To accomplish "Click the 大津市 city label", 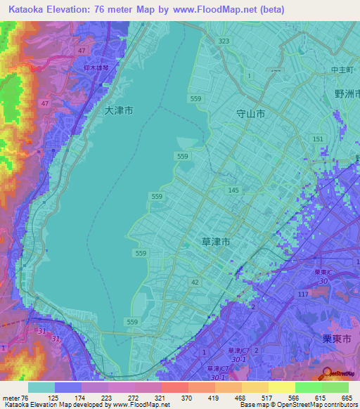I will point(118,110).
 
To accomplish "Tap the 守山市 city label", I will point(250,112).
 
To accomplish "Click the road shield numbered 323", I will point(224,41).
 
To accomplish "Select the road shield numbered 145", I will point(233,190).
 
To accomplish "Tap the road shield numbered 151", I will point(318,139).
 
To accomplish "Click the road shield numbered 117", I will point(303,294).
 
